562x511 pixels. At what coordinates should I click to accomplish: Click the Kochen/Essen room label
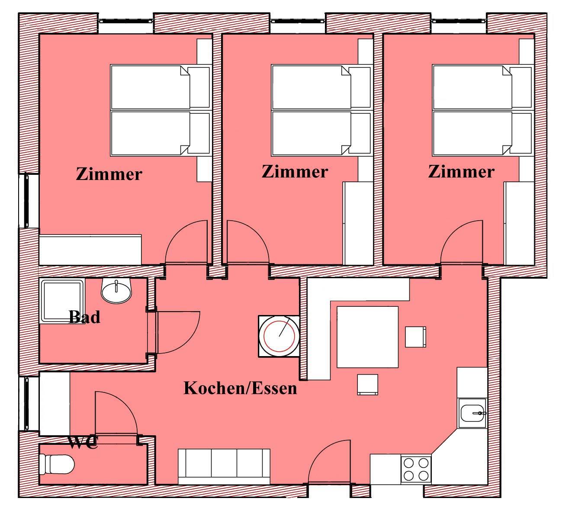coord(240,389)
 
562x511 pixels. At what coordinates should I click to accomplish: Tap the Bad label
coord(84,317)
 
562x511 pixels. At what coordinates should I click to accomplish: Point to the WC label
coord(83,442)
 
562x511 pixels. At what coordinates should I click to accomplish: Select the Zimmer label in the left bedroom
coord(109,174)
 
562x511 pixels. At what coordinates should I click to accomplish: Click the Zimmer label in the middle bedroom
coord(295,171)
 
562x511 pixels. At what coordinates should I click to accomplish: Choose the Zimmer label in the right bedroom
coord(461,171)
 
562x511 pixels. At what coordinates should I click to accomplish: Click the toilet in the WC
coord(57,464)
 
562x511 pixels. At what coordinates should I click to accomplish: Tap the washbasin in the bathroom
coord(116,291)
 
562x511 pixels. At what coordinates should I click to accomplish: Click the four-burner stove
coord(416,469)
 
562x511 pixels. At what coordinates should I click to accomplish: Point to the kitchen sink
coord(472,413)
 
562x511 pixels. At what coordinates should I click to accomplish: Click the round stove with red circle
coord(279,336)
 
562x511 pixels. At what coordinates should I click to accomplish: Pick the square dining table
coord(367,337)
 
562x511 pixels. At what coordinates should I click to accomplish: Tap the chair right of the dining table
coord(415,337)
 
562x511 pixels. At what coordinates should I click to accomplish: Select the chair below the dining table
coord(368,385)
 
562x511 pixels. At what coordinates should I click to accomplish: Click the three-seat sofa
coord(224,467)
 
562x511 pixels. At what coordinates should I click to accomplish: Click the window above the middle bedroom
coord(298,21)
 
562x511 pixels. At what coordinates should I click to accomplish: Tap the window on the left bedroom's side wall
coord(27,200)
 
